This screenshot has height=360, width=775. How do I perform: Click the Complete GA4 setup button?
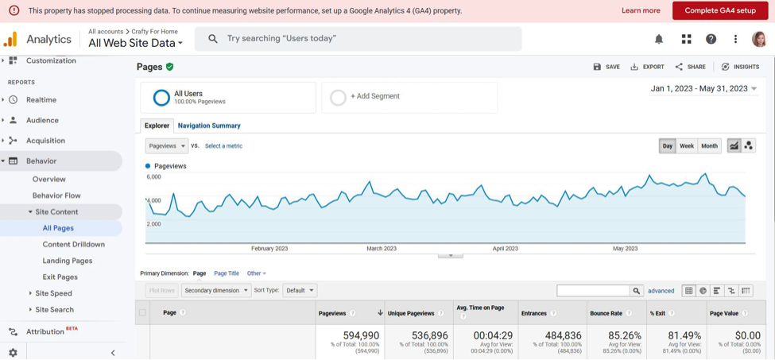[720, 10]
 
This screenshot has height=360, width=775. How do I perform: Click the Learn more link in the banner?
[641, 10]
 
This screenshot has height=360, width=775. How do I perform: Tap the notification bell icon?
[659, 39]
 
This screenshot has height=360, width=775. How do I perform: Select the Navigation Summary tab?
[209, 126]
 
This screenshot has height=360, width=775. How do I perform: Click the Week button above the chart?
[687, 146]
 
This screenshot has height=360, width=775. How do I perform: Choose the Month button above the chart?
[709, 146]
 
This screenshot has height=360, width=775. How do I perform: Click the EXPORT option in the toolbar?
[648, 67]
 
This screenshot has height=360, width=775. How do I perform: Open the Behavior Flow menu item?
[56, 195]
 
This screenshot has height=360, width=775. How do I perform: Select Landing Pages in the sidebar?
[68, 261]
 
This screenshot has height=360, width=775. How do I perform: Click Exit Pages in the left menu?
[60, 277]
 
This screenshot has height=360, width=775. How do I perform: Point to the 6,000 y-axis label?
[153, 177]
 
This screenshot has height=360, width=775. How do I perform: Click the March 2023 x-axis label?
[381, 249]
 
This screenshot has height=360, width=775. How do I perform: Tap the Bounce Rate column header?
[606, 313]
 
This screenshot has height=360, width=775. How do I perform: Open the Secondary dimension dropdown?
[215, 290]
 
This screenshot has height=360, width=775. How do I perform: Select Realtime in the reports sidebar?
[41, 100]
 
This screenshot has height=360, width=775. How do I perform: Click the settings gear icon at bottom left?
[13, 352]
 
